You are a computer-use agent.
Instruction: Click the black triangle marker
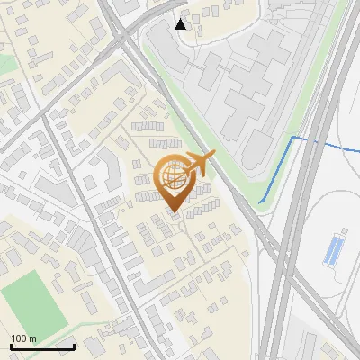pos(181,24)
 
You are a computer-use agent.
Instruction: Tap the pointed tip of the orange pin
pos(174,213)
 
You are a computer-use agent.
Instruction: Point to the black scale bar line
pos(42,346)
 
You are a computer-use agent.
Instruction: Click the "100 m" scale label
pos(23,338)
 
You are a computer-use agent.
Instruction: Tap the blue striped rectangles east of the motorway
pos(333,248)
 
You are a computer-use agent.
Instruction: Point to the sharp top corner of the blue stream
pos(292,137)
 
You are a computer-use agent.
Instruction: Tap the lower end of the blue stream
pos(260,202)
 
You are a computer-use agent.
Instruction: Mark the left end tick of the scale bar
pos(11,346)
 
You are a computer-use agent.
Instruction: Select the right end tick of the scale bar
pos(74,346)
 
